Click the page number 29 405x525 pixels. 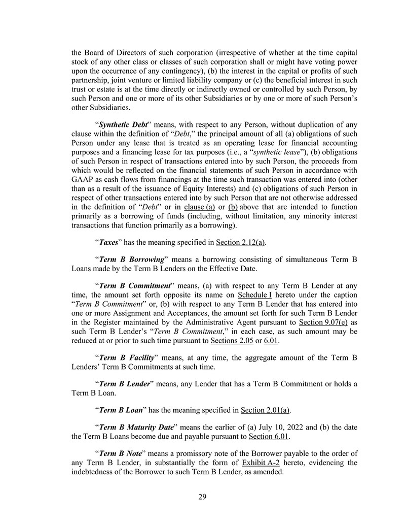(202, 497)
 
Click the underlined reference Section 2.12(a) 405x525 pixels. (241, 242)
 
